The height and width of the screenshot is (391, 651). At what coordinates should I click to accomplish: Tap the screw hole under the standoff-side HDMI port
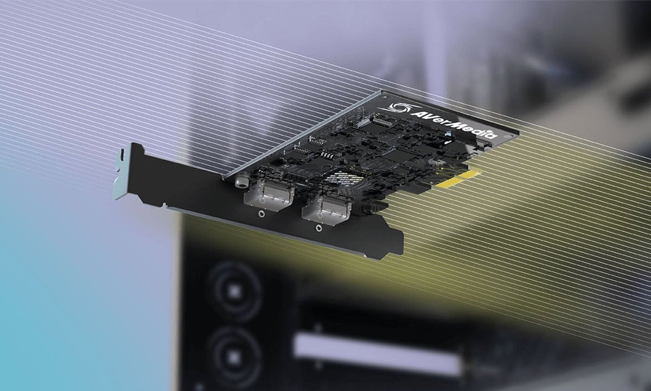pos(261,214)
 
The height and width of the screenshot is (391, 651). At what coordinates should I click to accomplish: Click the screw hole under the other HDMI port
pos(319,228)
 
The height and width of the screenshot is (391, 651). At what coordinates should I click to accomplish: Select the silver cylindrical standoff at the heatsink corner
pos(242,181)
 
